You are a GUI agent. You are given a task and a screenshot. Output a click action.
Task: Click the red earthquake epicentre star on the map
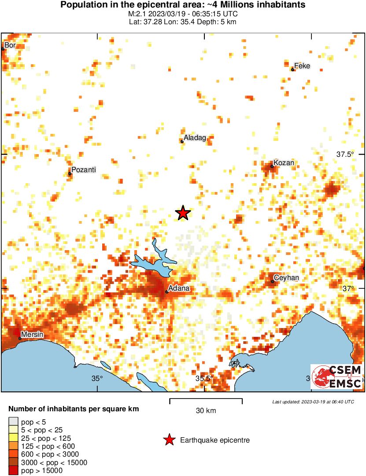pyautogui.click(x=183, y=213)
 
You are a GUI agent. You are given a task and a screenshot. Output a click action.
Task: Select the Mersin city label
pyautogui.click(x=33, y=335)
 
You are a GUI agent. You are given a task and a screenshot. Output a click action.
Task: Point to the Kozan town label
pyautogui.click(x=284, y=163)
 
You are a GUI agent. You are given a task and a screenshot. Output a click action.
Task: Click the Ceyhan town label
pyautogui.click(x=286, y=278)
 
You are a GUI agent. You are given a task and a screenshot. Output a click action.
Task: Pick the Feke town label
pyautogui.click(x=302, y=66)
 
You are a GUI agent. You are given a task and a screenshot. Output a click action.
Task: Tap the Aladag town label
pyautogui.click(x=195, y=138)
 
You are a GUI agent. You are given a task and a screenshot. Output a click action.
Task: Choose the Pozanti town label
pyautogui.click(x=83, y=170)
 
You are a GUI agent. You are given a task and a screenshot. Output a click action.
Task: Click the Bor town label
pyautogui.click(x=10, y=45)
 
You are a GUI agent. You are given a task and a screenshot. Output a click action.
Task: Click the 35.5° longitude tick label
pyautogui.click(x=204, y=378)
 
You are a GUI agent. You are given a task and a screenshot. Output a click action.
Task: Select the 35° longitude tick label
pyautogui.click(x=97, y=378)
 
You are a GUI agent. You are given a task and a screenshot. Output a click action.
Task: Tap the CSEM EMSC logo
pyautogui.click(x=336, y=377)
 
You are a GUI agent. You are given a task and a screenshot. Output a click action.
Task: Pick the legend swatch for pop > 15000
pyautogui.click(x=14, y=471)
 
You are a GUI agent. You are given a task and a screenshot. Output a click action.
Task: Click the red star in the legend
pyautogui.click(x=168, y=440)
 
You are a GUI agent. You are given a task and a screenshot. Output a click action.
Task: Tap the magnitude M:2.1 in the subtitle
pyautogui.click(x=137, y=14)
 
